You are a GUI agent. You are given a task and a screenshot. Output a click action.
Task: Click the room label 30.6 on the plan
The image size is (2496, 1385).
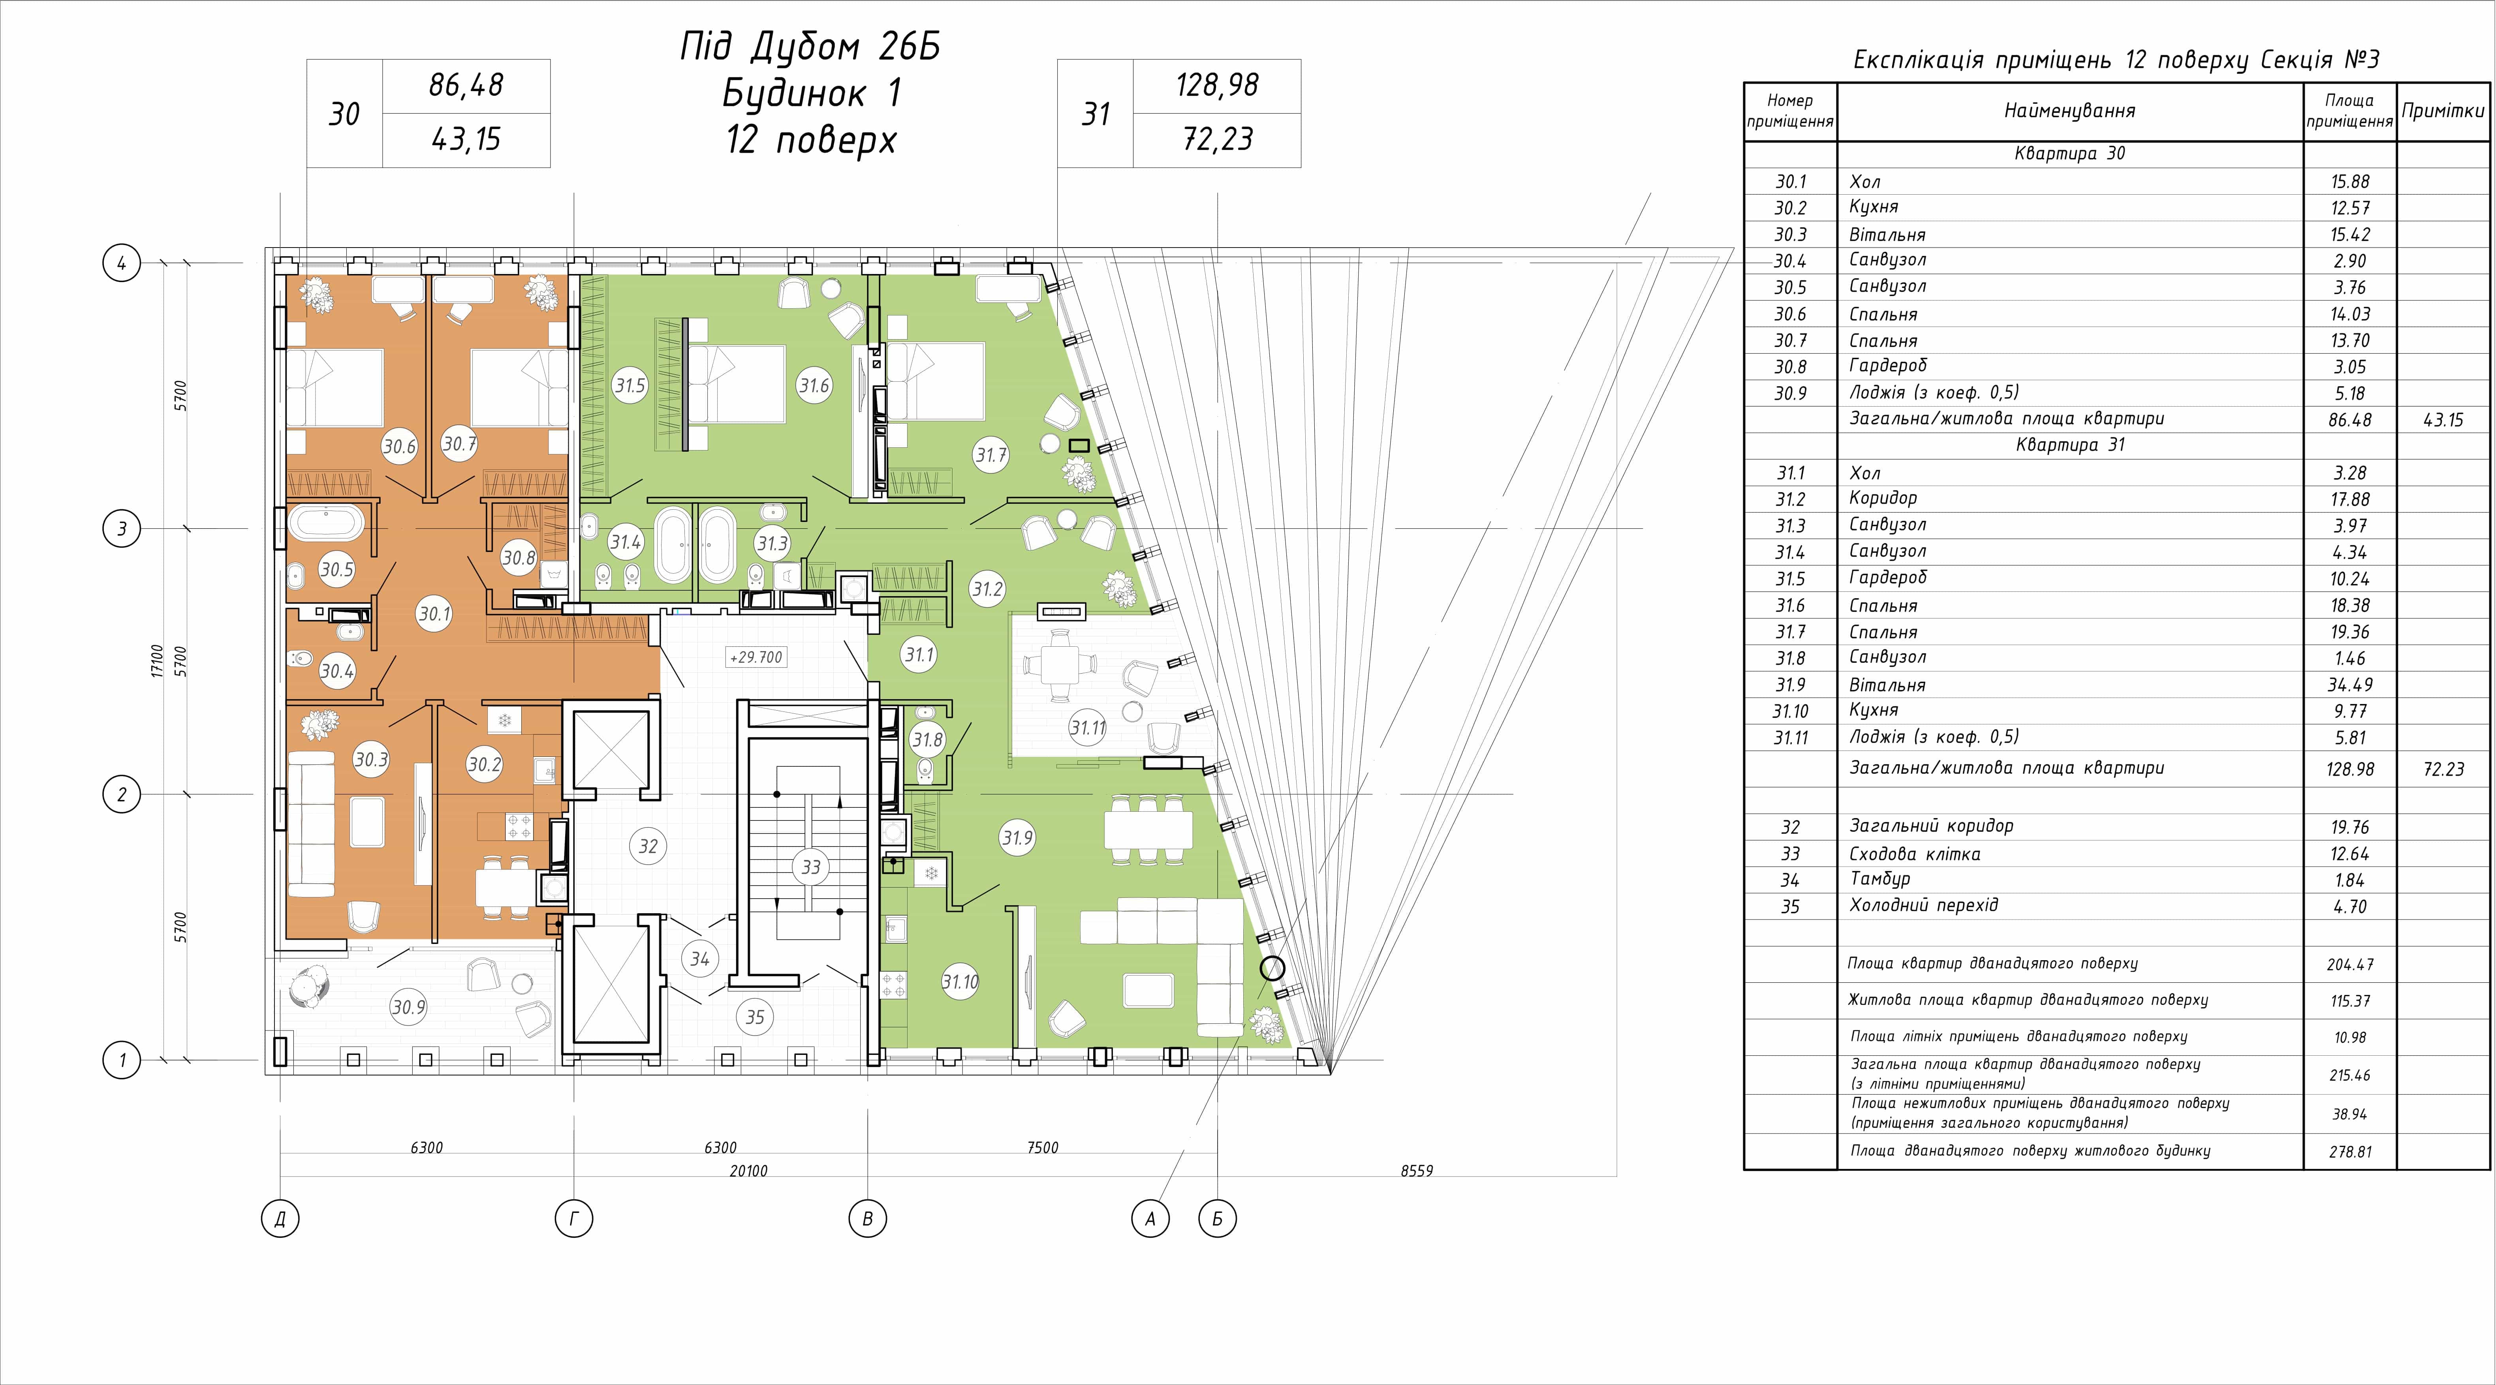coord(399,447)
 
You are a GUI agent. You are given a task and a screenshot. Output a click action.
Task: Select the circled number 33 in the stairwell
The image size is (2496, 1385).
coord(811,867)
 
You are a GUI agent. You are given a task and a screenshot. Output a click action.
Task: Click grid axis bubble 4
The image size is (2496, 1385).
coord(122,263)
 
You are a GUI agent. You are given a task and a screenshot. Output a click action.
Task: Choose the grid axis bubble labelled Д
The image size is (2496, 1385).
coord(280,1218)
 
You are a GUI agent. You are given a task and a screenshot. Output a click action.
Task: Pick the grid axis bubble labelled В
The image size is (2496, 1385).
coord(867,1218)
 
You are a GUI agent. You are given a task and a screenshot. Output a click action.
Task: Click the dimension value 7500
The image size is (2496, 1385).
coord(1043,1148)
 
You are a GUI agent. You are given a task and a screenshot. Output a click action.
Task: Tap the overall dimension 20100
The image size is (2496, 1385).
coord(748,1171)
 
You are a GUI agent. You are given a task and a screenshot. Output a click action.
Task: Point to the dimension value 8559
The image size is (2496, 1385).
coord(1417,1171)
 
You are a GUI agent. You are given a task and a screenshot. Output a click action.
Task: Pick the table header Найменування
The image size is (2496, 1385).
coord(2069,111)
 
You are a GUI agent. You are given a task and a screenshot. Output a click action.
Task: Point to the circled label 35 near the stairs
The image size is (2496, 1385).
coord(755,1017)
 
